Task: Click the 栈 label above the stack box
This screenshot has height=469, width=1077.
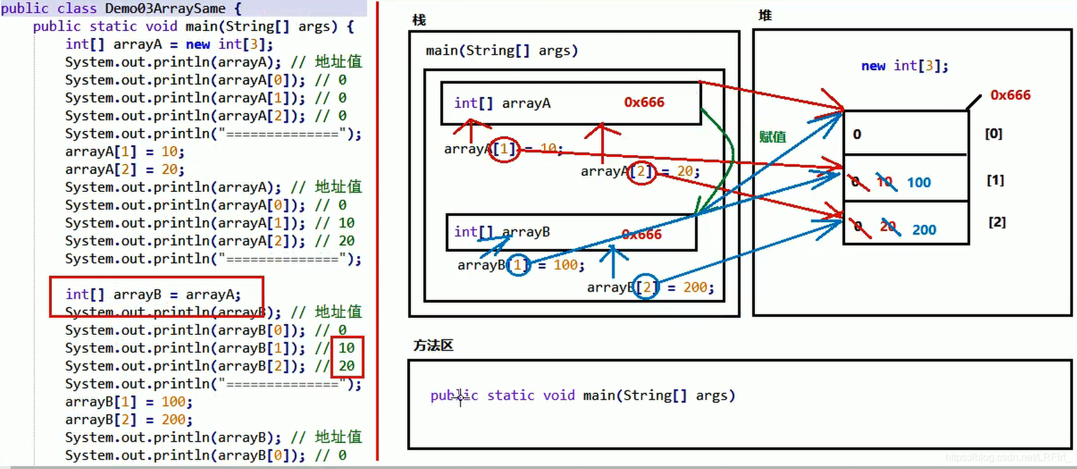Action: click(419, 20)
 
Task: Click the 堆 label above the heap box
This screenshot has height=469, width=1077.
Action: click(765, 16)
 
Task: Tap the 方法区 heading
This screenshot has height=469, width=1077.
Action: click(433, 345)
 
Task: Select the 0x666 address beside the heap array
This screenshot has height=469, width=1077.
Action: click(1010, 95)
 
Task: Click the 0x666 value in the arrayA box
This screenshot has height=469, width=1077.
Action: click(644, 102)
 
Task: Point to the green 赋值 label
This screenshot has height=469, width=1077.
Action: click(772, 137)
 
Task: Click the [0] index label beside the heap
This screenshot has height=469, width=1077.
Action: click(993, 133)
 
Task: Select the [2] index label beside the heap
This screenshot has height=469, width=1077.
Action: click(996, 222)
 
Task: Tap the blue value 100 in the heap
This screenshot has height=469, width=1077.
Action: click(919, 182)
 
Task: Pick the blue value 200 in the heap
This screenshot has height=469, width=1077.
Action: click(924, 230)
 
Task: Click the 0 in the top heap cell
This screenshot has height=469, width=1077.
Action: click(857, 134)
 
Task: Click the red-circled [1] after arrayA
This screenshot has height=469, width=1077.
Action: click(505, 149)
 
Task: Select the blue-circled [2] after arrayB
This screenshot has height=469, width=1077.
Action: click(646, 288)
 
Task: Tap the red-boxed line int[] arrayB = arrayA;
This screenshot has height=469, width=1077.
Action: click(153, 295)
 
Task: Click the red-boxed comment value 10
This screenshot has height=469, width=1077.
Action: click(346, 348)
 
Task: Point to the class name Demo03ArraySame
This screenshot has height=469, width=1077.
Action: click(165, 8)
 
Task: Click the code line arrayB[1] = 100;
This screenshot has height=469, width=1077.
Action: click(128, 402)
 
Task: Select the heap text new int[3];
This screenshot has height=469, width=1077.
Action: click(904, 65)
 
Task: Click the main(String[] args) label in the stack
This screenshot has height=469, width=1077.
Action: click(501, 50)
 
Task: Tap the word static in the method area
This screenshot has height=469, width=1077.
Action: click(510, 395)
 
